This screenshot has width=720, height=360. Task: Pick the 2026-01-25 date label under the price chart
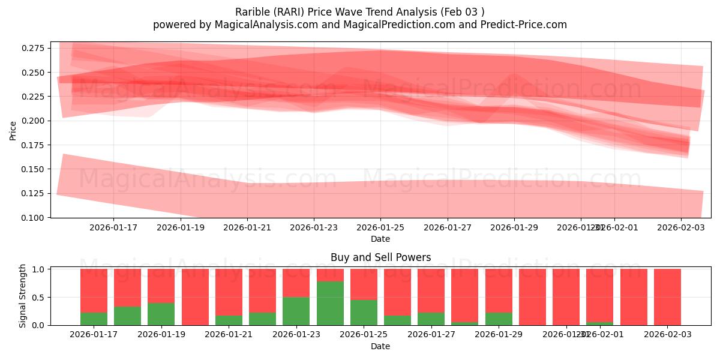pos(380,228)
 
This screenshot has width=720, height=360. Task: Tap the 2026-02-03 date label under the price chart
pos(680,228)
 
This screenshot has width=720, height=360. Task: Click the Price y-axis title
pos(13,130)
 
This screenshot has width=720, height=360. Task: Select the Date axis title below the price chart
pos(380,239)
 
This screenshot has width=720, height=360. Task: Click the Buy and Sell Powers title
pos(380,257)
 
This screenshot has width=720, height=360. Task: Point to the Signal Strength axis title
pos(23,296)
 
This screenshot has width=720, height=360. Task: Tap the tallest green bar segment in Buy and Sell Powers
pos(330,303)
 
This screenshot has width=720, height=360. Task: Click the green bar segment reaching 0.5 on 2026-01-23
pos(296,311)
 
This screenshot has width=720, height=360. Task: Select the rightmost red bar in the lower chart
pos(667,297)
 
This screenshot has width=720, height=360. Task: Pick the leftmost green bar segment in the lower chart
pos(94,319)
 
